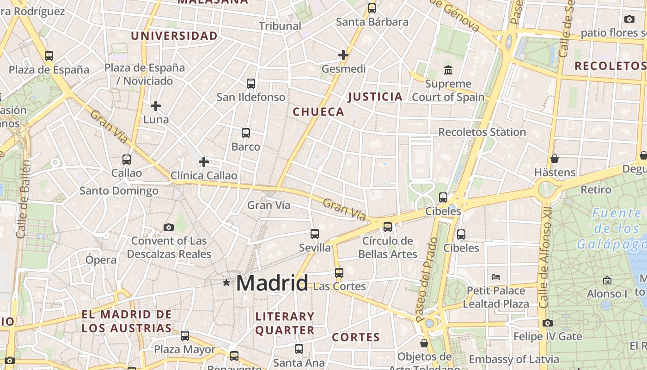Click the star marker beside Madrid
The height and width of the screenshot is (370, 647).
pyautogui.click(x=226, y=282)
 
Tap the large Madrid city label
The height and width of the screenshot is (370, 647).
pyautogui.click(x=272, y=283)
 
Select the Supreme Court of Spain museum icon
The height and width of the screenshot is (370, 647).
pyautogui.click(x=448, y=70)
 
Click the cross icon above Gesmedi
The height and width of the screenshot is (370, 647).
pyautogui.click(x=343, y=55)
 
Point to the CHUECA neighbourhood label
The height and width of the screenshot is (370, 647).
pyautogui.click(x=318, y=111)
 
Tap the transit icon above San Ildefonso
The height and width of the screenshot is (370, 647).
pyautogui.click(x=250, y=84)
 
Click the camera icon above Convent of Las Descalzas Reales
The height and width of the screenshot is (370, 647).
pyautogui.click(x=169, y=227)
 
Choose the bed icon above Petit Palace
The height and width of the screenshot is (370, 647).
pyautogui.click(x=496, y=277)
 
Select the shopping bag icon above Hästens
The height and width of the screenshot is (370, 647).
pyautogui.click(x=555, y=159)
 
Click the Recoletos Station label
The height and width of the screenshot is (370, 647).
pyautogui.click(x=482, y=132)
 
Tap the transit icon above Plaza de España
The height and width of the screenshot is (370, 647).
pyautogui.click(x=49, y=56)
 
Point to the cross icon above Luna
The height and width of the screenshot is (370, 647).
pyautogui.click(x=156, y=106)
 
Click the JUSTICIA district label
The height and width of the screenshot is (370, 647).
pyautogui.click(x=375, y=97)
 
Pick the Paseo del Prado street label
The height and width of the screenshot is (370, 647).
pyautogui.click(x=426, y=279)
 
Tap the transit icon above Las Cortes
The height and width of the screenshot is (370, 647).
pyautogui.click(x=339, y=273)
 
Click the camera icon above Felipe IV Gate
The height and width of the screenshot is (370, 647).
pyautogui.click(x=548, y=323)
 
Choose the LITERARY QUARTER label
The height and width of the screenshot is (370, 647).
pyautogui.click(x=285, y=323)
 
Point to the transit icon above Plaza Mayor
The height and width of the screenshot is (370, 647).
pyautogui.click(x=185, y=336)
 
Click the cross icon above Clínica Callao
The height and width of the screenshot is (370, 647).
pyautogui.click(x=203, y=162)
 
